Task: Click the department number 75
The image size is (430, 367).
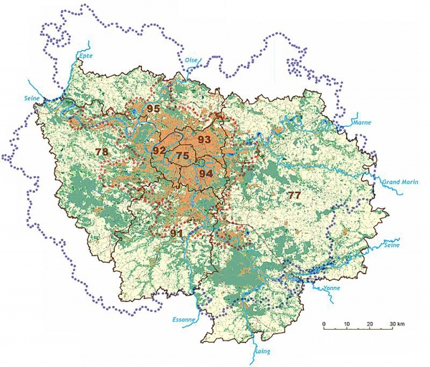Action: point(183,155)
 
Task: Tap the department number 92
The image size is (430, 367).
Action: point(159,150)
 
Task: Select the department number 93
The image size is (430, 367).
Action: point(204,139)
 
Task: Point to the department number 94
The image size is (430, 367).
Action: point(206,173)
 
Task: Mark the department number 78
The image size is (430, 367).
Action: point(102,152)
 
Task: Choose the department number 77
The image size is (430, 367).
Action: point(294,195)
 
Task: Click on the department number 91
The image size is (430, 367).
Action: point(177,233)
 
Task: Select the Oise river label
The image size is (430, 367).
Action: point(191,60)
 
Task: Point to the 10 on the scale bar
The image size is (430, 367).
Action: point(347,324)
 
